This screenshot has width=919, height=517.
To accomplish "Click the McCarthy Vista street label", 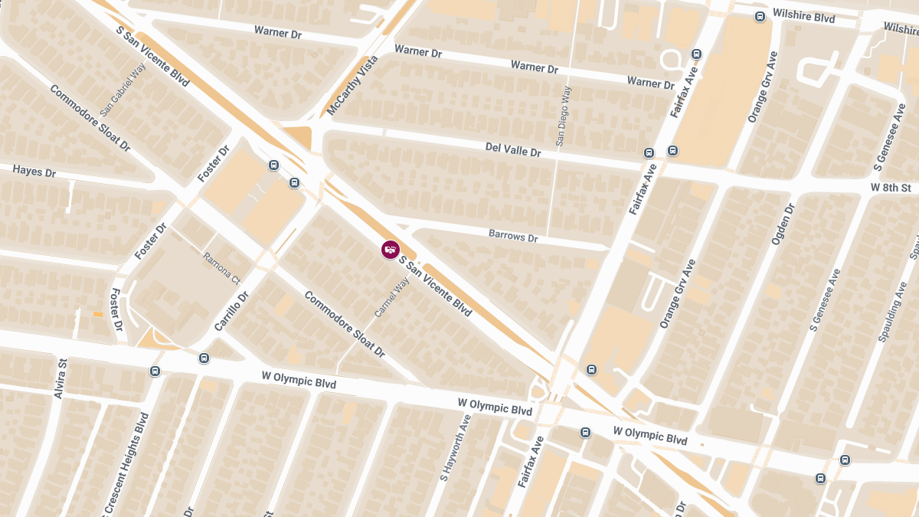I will (x=353, y=86).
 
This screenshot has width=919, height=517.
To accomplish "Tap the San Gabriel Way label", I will (x=123, y=90).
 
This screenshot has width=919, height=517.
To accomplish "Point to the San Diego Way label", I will (x=564, y=116).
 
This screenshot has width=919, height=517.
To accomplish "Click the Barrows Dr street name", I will (x=513, y=237).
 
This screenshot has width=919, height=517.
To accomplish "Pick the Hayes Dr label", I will (x=34, y=172).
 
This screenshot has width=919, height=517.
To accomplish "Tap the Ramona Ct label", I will (x=221, y=268).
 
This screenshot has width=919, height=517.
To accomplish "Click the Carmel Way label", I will (x=392, y=298).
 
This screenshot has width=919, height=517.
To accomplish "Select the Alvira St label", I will (x=60, y=378).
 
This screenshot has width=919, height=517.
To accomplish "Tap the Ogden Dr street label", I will (x=783, y=224).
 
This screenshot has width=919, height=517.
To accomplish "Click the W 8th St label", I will (x=891, y=188).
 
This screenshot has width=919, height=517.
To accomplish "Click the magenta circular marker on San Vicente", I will (x=390, y=250).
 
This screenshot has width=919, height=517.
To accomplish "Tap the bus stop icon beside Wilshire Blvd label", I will (x=760, y=16).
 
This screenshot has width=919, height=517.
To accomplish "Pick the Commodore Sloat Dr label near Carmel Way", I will (x=344, y=324).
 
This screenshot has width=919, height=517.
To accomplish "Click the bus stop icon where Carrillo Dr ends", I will (x=204, y=358).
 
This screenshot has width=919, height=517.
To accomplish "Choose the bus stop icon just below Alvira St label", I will (x=155, y=371).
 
